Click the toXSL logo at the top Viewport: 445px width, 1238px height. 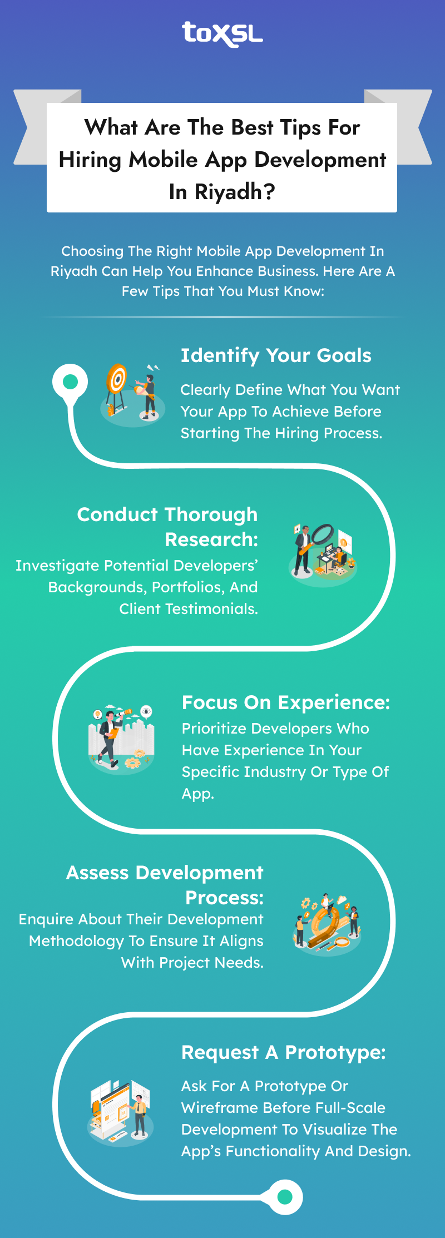coord(222,34)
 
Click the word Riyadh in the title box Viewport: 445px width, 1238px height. coord(228,192)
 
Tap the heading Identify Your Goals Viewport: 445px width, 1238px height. coord(276,356)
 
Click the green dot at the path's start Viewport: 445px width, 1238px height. coord(70,382)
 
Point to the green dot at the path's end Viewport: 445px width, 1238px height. coord(285,1196)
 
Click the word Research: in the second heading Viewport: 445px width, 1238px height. coord(211,539)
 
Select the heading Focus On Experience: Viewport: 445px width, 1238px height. coord(286,703)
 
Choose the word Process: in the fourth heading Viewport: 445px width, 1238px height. coord(224,898)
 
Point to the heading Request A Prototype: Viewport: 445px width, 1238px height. coord(284,1053)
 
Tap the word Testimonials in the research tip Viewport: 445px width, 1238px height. coord(211,609)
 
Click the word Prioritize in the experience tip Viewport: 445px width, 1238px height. coord(214,729)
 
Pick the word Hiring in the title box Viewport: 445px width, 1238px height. coord(90,160)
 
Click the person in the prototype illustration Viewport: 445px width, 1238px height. coord(140,1115)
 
